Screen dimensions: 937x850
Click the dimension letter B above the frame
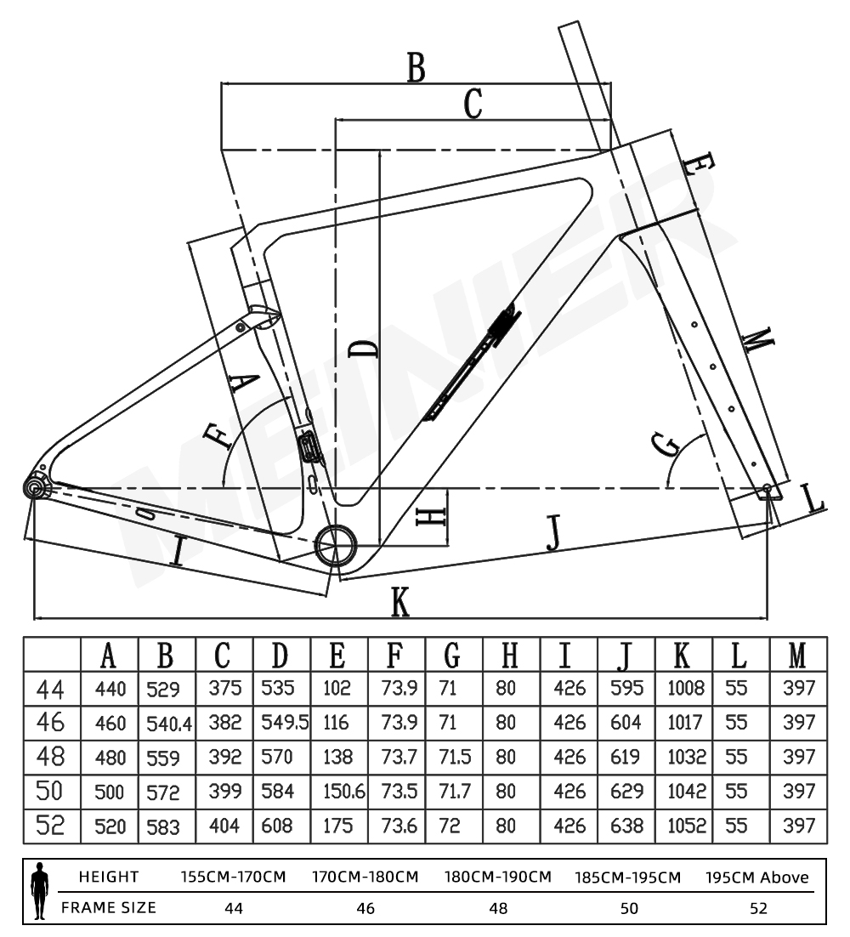[415, 68]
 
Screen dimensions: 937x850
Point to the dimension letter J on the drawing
[553, 533]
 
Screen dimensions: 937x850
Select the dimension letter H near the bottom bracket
[432, 517]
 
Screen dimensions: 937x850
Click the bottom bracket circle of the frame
[334, 544]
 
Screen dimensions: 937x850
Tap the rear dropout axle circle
[35, 487]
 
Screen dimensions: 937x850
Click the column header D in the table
[280, 655]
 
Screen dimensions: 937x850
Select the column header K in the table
[682, 655]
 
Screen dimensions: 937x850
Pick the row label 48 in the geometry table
[51, 756]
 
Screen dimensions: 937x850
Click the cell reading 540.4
[167, 724]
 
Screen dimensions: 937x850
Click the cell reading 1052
[685, 825]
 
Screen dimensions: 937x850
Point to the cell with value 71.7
[455, 792]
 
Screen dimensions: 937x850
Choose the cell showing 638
[626, 825]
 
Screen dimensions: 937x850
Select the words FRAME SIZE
[109, 907]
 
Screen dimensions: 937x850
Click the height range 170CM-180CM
[365, 877]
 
